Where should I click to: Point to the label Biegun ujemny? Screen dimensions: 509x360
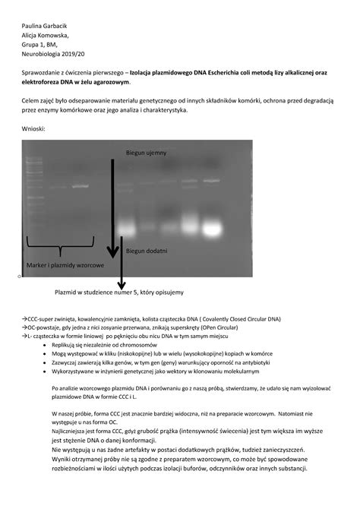pyautogui.click(x=146, y=153)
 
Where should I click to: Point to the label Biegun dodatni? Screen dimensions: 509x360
pyautogui.click(x=147, y=250)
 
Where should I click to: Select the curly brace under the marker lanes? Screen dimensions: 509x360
pyautogui.click(x=58, y=247)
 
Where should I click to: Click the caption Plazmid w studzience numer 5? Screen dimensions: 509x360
pyautogui.click(x=118, y=292)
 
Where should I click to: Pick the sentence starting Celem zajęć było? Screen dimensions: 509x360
pyautogui.click(x=175, y=100)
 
